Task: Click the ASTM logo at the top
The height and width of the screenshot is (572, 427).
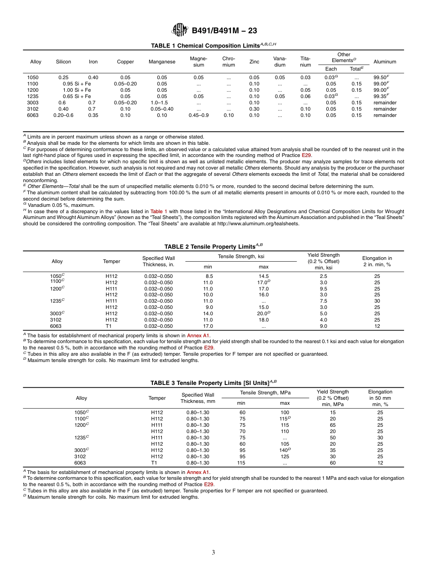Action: tap(180, 31)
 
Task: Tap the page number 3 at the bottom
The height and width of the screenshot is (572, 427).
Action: tap(213, 552)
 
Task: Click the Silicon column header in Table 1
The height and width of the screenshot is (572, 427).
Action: tap(63, 62)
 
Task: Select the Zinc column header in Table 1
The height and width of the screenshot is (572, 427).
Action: tap(254, 62)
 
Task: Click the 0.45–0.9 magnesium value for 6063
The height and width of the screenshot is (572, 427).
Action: tap(198, 115)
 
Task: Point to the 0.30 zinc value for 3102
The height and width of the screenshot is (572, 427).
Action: tap(254, 109)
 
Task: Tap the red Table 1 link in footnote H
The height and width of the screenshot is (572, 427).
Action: tap(159, 211)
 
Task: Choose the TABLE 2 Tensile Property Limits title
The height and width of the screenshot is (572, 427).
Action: tap(213, 246)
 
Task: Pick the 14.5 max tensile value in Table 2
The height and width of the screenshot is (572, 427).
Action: tap(263, 276)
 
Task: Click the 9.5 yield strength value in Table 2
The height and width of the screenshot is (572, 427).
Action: tap(323, 289)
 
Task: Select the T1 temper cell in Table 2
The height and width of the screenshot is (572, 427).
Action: tap(111, 326)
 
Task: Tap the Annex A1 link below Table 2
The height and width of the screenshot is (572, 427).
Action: tap(198, 335)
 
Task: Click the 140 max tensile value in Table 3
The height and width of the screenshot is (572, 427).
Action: tap(284, 450)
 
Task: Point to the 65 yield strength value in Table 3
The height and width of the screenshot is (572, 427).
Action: tap(333, 425)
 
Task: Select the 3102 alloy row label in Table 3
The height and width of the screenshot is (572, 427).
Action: tap(80, 456)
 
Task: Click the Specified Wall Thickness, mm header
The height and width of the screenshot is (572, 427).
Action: tap(198, 398)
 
